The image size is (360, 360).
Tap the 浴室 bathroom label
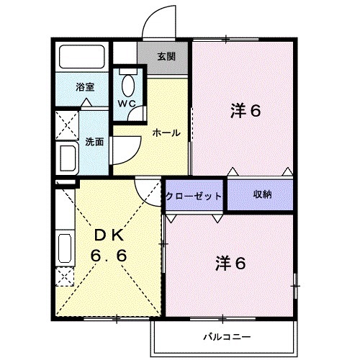85,86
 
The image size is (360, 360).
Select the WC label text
127,102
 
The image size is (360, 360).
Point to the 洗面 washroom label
94,142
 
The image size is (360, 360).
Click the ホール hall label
165,132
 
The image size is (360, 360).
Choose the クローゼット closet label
194,195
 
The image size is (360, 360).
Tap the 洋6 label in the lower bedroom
230,264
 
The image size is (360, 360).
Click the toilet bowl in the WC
127,86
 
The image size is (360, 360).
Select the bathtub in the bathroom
82,57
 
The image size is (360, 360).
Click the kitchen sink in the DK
64,248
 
